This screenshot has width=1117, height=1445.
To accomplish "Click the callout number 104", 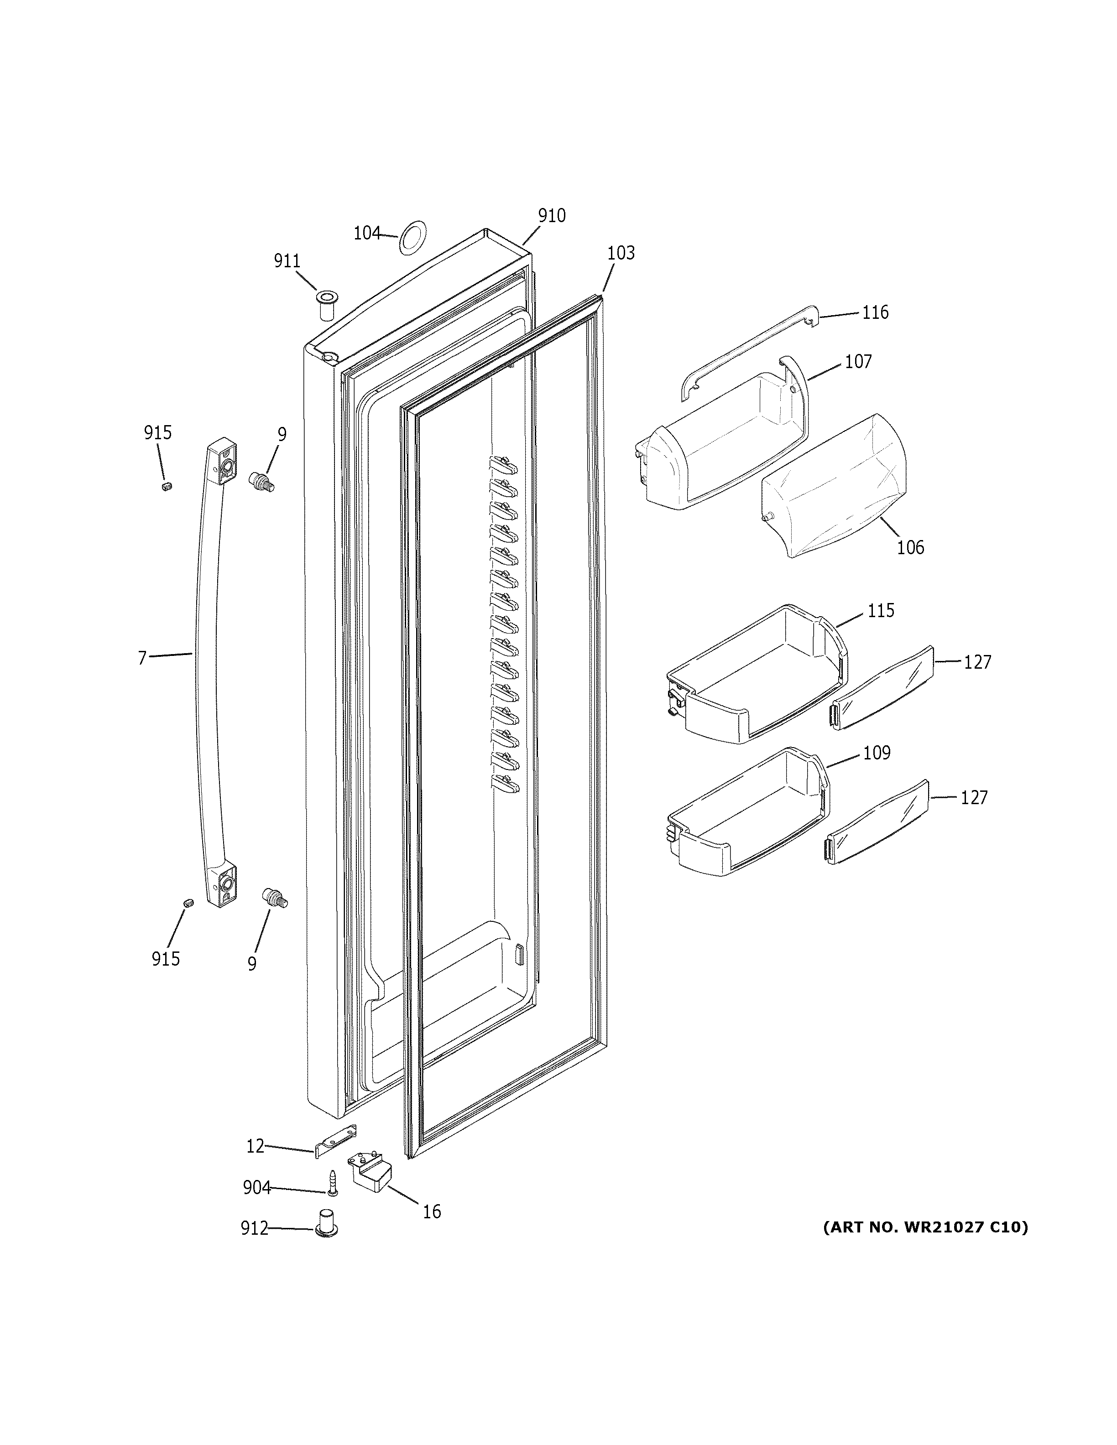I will (x=366, y=233).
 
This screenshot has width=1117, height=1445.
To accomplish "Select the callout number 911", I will (x=287, y=261).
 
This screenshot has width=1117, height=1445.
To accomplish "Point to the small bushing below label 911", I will (x=326, y=304).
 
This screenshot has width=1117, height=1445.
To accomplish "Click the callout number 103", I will (x=620, y=253).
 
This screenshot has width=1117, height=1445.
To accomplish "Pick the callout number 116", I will (x=875, y=312).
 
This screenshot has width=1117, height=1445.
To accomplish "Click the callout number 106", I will (x=910, y=547).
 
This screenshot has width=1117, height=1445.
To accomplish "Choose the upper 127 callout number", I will (x=977, y=662).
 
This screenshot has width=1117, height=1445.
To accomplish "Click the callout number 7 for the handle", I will (x=141, y=658).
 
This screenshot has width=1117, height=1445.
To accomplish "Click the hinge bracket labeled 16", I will (x=371, y=1173).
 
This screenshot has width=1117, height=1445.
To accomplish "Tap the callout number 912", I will (x=254, y=1229).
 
